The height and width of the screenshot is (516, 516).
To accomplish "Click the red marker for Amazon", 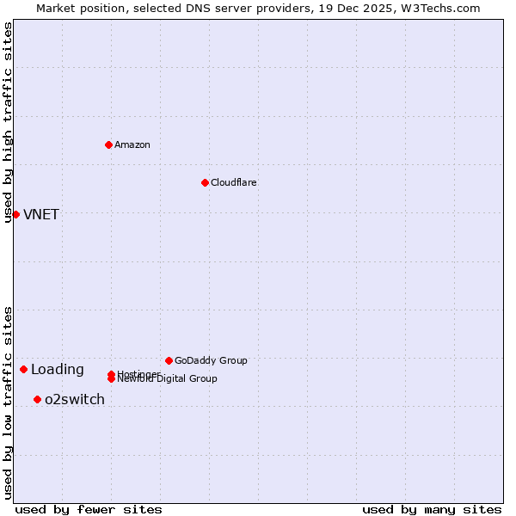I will point(108,144).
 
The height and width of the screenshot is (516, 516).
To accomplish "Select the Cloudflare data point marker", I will point(205,182).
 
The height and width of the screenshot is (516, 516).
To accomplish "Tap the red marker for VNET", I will point(15,214).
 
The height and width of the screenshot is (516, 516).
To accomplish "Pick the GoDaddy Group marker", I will point(169,360).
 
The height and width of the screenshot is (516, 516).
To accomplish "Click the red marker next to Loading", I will point(23,369).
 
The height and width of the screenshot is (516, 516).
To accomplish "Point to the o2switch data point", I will point(37,399).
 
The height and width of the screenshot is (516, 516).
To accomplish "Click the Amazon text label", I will point(132,144).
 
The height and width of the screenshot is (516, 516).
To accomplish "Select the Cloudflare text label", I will point(233,182).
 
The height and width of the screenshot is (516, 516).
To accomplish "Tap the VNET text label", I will point(41,214).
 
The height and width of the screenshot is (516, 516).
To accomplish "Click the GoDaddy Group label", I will point(211,360).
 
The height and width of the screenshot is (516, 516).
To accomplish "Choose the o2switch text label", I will point(75,399).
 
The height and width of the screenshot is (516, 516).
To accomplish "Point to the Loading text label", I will point(58,370).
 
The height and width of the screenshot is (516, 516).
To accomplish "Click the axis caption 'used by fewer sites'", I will point(89,509).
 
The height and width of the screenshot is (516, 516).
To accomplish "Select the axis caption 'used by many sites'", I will point(432,509).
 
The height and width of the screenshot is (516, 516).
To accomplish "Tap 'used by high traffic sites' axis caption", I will point(8,122).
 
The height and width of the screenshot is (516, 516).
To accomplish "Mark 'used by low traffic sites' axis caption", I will point(8,402).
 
